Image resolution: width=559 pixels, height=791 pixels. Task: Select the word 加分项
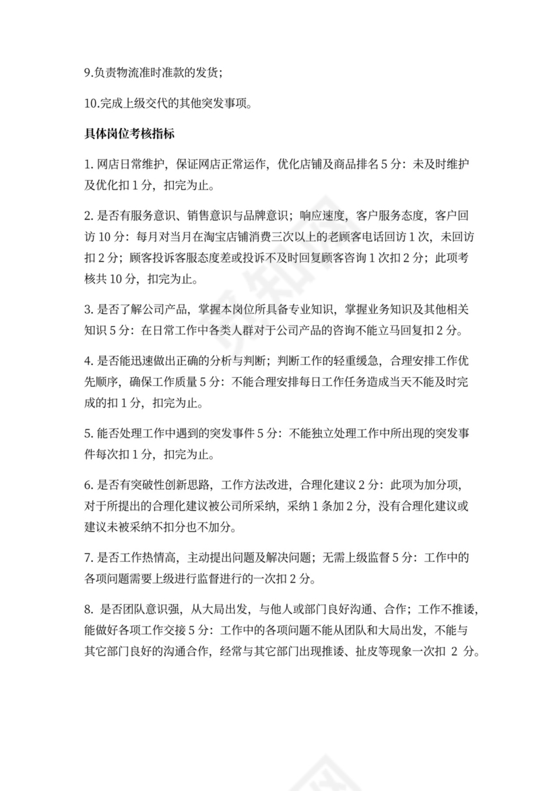pyautogui.click(x=438, y=486)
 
